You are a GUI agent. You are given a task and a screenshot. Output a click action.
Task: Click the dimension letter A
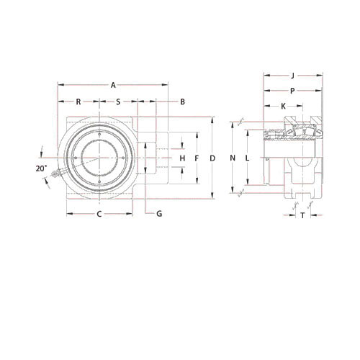(x=113, y=86)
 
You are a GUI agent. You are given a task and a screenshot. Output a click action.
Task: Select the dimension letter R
(x=78, y=102)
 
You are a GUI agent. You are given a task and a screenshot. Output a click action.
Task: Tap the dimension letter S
(x=118, y=102)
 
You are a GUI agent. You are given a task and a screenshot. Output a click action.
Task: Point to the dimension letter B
(x=183, y=102)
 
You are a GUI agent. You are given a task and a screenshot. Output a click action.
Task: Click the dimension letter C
(x=99, y=214)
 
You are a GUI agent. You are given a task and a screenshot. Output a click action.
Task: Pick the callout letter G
(x=158, y=214)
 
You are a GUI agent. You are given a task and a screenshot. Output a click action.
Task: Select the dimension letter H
(x=183, y=158)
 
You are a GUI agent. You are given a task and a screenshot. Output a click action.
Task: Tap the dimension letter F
(x=196, y=158)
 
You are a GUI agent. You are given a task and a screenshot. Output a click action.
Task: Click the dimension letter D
(x=212, y=158)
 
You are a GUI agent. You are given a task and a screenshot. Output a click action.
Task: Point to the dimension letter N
(x=232, y=158)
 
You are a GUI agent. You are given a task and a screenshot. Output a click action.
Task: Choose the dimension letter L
(x=246, y=158)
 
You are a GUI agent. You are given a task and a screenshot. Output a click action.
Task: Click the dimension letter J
(x=292, y=75)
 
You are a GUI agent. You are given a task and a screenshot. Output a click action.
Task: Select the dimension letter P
(x=292, y=91)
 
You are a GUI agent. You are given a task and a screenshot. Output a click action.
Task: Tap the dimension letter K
(x=283, y=106)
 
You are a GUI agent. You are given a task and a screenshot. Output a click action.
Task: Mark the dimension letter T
(x=302, y=215)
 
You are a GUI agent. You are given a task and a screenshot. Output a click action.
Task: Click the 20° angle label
(x=40, y=168)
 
